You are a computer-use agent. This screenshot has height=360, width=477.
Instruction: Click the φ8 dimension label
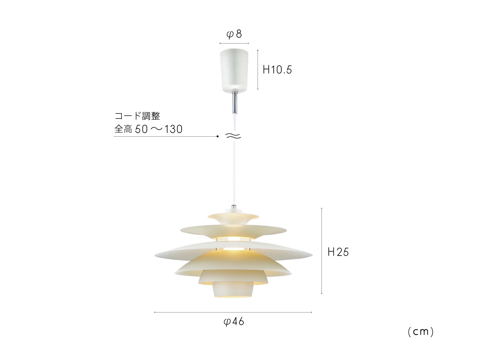(234, 34)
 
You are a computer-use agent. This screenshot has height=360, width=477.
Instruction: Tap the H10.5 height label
(277, 70)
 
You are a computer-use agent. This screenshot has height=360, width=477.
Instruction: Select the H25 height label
(338, 252)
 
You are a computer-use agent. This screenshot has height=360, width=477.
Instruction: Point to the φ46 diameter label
(234, 321)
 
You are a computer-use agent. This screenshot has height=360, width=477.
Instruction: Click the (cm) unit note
(420, 332)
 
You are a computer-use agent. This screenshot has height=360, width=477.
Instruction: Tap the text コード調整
(137, 116)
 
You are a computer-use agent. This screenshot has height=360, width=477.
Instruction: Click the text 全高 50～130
(148, 129)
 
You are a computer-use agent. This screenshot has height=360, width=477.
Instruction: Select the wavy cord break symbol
(233, 136)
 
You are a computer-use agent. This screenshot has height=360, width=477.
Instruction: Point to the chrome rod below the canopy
(234, 102)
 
